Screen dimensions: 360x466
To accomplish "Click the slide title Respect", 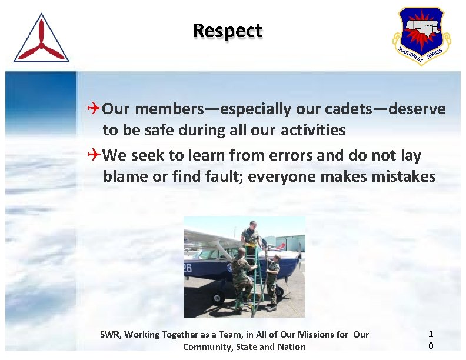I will pos(227,31).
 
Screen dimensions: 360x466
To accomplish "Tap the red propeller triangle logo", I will pos(41,40).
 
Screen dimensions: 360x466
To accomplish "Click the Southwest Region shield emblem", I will pos(421,36).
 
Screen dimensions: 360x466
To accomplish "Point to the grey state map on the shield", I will pos(421,27).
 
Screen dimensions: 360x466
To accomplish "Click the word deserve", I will pos(417,109).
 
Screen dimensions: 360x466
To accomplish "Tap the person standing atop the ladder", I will pos(250,232).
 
